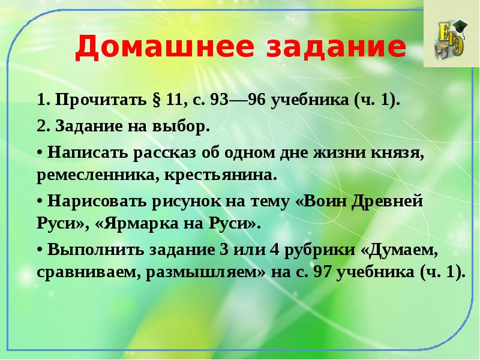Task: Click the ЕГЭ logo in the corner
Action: pos(451,36)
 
